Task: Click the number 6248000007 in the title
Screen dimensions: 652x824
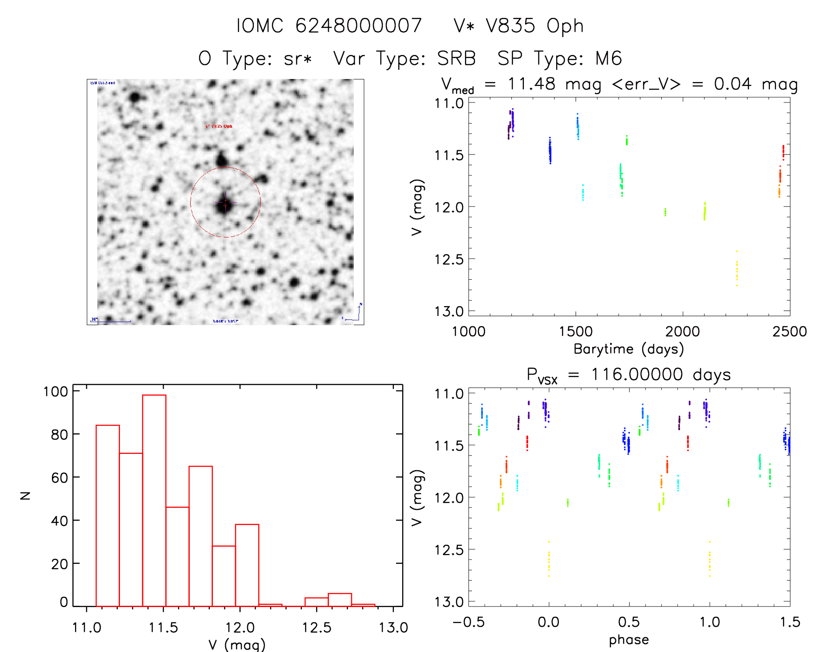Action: coord(359,26)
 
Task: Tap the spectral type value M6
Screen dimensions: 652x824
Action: coord(609,58)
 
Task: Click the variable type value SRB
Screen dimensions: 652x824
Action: coord(456,58)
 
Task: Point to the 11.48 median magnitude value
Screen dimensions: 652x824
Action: coord(531,84)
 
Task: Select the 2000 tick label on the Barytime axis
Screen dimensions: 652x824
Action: coord(682,332)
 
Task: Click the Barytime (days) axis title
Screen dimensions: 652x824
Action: coord(629,349)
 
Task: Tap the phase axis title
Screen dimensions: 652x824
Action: coord(629,640)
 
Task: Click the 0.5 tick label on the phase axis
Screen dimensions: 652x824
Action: coord(629,622)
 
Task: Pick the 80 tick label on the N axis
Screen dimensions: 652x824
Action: coord(59,435)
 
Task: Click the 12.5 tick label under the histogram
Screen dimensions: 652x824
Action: coord(316,628)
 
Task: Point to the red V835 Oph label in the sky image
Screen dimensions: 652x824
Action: coord(219,127)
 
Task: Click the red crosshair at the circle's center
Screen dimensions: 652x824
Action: coord(225,202)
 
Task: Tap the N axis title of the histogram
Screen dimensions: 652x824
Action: coord(25,495)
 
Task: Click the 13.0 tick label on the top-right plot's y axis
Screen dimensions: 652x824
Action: coord(449,312)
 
